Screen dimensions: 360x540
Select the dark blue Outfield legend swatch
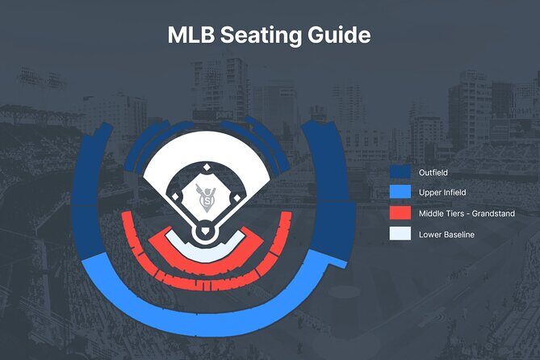click(x=400, y=172)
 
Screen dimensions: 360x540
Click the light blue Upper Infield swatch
click(x=400, y=193)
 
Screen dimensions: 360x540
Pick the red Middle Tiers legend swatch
click(x=400, y=214)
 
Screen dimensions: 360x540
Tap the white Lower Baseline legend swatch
click(x=400, y=235)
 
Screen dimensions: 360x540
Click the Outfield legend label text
click(x=433, y=172)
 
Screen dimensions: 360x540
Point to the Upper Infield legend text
click(x=442, y=193)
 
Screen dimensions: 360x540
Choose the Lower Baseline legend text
click(x=446, y=235)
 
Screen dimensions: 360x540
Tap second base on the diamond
click(x=207, y=167)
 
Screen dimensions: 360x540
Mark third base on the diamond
click(x=172, y=199)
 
